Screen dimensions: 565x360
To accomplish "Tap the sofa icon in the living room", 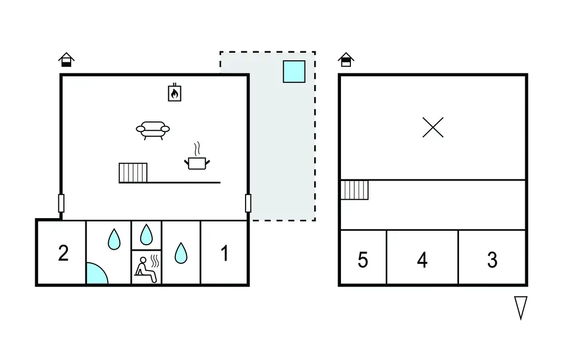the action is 153,130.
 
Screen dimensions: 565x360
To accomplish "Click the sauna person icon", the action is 147,269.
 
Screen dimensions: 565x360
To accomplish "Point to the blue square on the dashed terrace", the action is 294,71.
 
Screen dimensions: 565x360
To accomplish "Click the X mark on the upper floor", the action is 433,128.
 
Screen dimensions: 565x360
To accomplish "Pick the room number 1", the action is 225,253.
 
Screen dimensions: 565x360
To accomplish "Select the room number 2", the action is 63,253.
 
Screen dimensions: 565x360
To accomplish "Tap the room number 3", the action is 492,260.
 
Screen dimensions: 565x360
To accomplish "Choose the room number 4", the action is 422,260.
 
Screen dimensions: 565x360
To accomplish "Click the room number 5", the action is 363,260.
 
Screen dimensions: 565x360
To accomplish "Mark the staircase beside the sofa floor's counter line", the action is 133,173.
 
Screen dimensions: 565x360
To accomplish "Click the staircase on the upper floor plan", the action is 355,190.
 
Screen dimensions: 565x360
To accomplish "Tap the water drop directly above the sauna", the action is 146,235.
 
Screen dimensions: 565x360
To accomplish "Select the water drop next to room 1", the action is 181,253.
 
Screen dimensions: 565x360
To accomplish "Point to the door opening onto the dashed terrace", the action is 248,203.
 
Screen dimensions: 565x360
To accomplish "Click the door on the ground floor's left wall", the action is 61,203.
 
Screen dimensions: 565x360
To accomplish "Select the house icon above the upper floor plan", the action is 346,60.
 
